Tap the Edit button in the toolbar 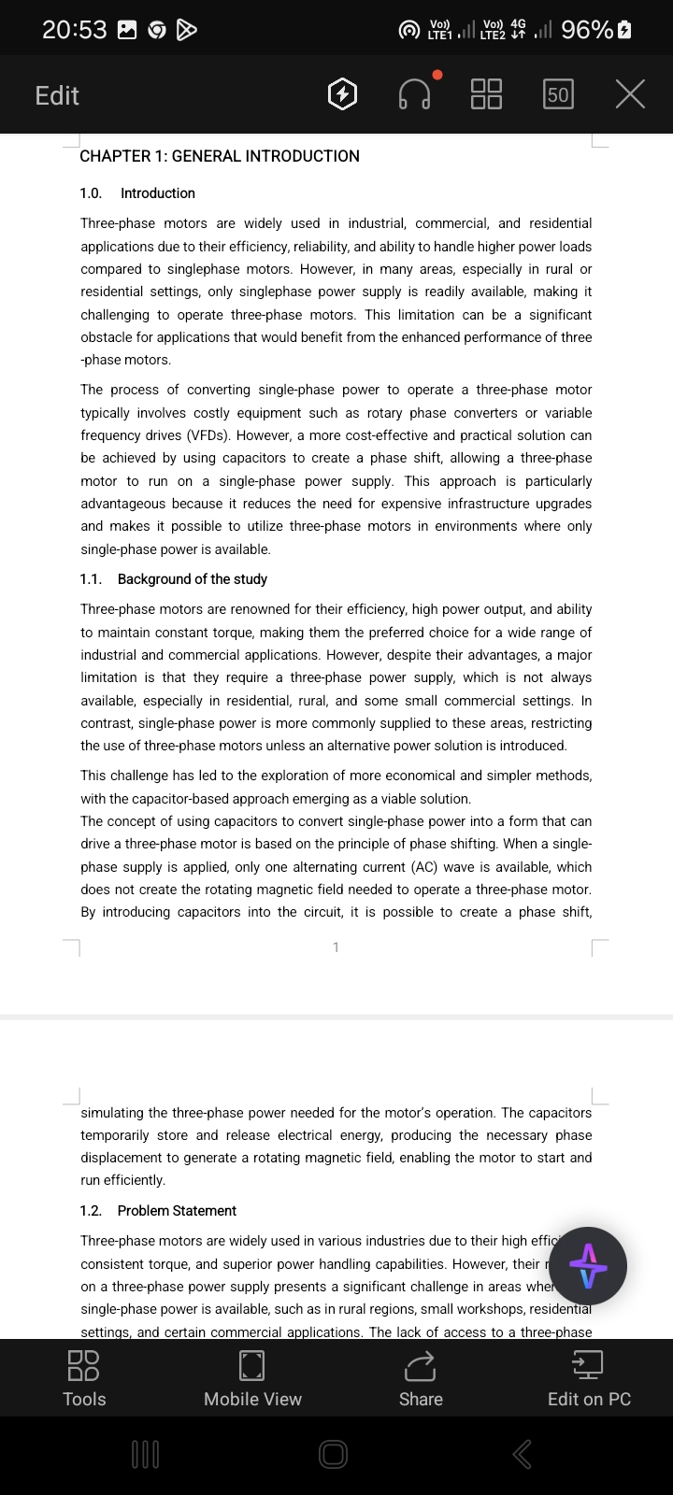(57, 95)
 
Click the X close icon (630, 94)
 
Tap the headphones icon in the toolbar (415, 94)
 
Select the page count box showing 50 (558, 94)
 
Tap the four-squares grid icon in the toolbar (486, 94)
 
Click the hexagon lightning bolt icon (343, 94)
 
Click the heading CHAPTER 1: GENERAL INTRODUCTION (220, 156)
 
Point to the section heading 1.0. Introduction (138, 193)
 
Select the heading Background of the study (193, 579)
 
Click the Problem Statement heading (177, 1211)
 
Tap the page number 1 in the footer (336, 947)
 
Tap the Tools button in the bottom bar (84, 1377)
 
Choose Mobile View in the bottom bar (252, 1377)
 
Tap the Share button (421, 1377)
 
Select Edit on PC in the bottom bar (589, 1377)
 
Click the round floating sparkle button (588, 1266)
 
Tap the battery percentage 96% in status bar (588, 30)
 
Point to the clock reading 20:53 (75, 30)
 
